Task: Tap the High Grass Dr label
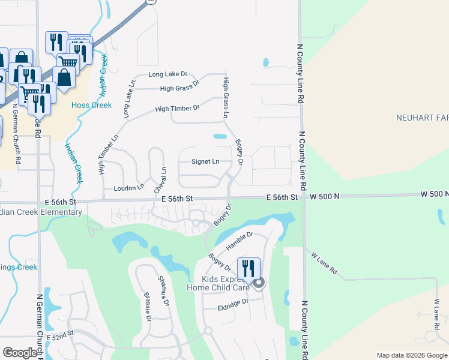[x=179, y=88]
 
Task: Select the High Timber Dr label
[x=177, y=109]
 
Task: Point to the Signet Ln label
[x=205, y=161]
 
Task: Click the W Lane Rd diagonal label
[x=324, y=264]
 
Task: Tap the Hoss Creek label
[x=92, y=105]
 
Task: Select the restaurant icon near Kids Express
[x=249, y=268]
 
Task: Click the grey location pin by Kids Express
[x=259, y=283]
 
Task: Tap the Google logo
[x=20, y=353]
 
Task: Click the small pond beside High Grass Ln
[x=220, y=137]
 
